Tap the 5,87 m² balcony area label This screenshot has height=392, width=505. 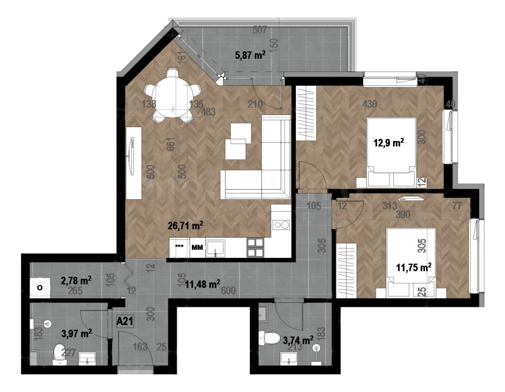pyautogui.click(x=250, y=55)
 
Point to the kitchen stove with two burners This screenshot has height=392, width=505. pyautogui.click(x=281, y=225)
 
